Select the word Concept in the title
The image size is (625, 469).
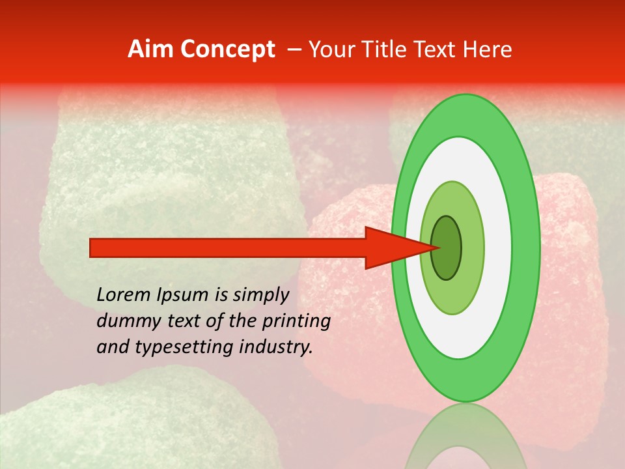tap(227, 50)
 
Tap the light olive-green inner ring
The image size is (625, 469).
tap(473, 248)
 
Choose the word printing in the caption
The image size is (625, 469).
tap(299, 322)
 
